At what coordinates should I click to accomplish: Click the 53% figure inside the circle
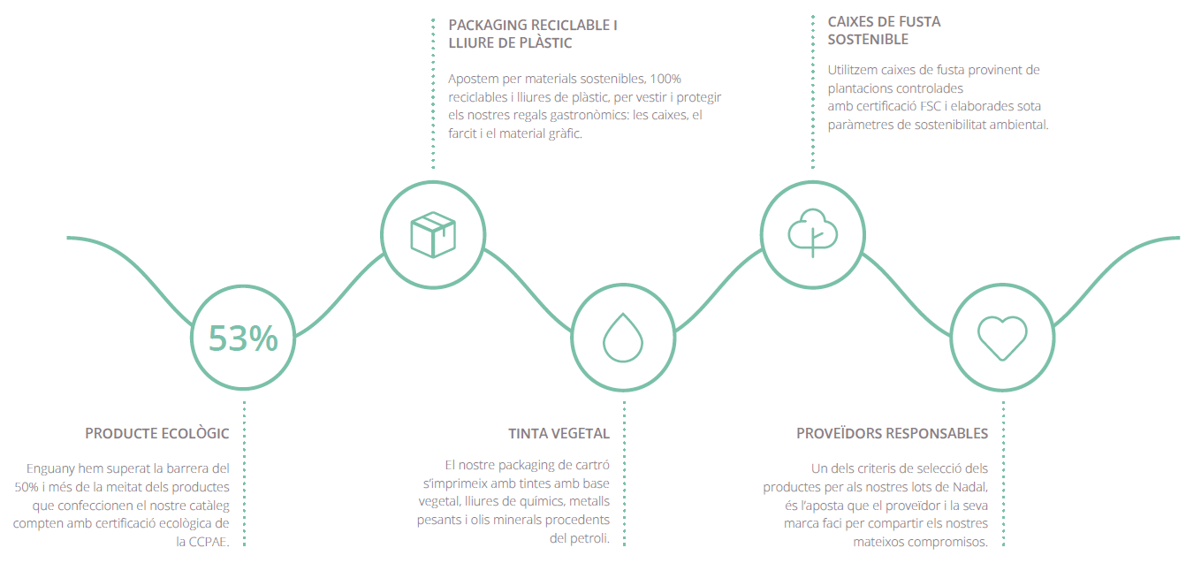pyautogui.click(x=243, y=339)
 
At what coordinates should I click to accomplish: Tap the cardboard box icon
pyautogui.click(x=433, y=234)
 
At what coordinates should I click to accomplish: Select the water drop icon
pyautogui.click(x=622, y=338)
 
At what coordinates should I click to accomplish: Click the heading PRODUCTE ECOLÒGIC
pyautogui.click(x=157, y=433)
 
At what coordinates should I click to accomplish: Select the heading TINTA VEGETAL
pyautogui.click(x=559, y=433)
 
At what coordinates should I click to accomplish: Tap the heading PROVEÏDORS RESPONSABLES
pyautogui.click(x=892, y=433)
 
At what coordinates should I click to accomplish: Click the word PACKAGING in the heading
pyautogui.click(x=487, y=26)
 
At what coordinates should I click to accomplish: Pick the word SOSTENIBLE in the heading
pyautogui.click(x=868, y=40)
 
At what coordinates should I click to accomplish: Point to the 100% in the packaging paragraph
pyautogui.click(x=665, y=79)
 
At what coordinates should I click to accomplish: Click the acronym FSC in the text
pyautogui.click(x=931, y=106)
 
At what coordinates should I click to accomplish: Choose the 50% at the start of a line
pyautogui.click(x=27, y=487)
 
